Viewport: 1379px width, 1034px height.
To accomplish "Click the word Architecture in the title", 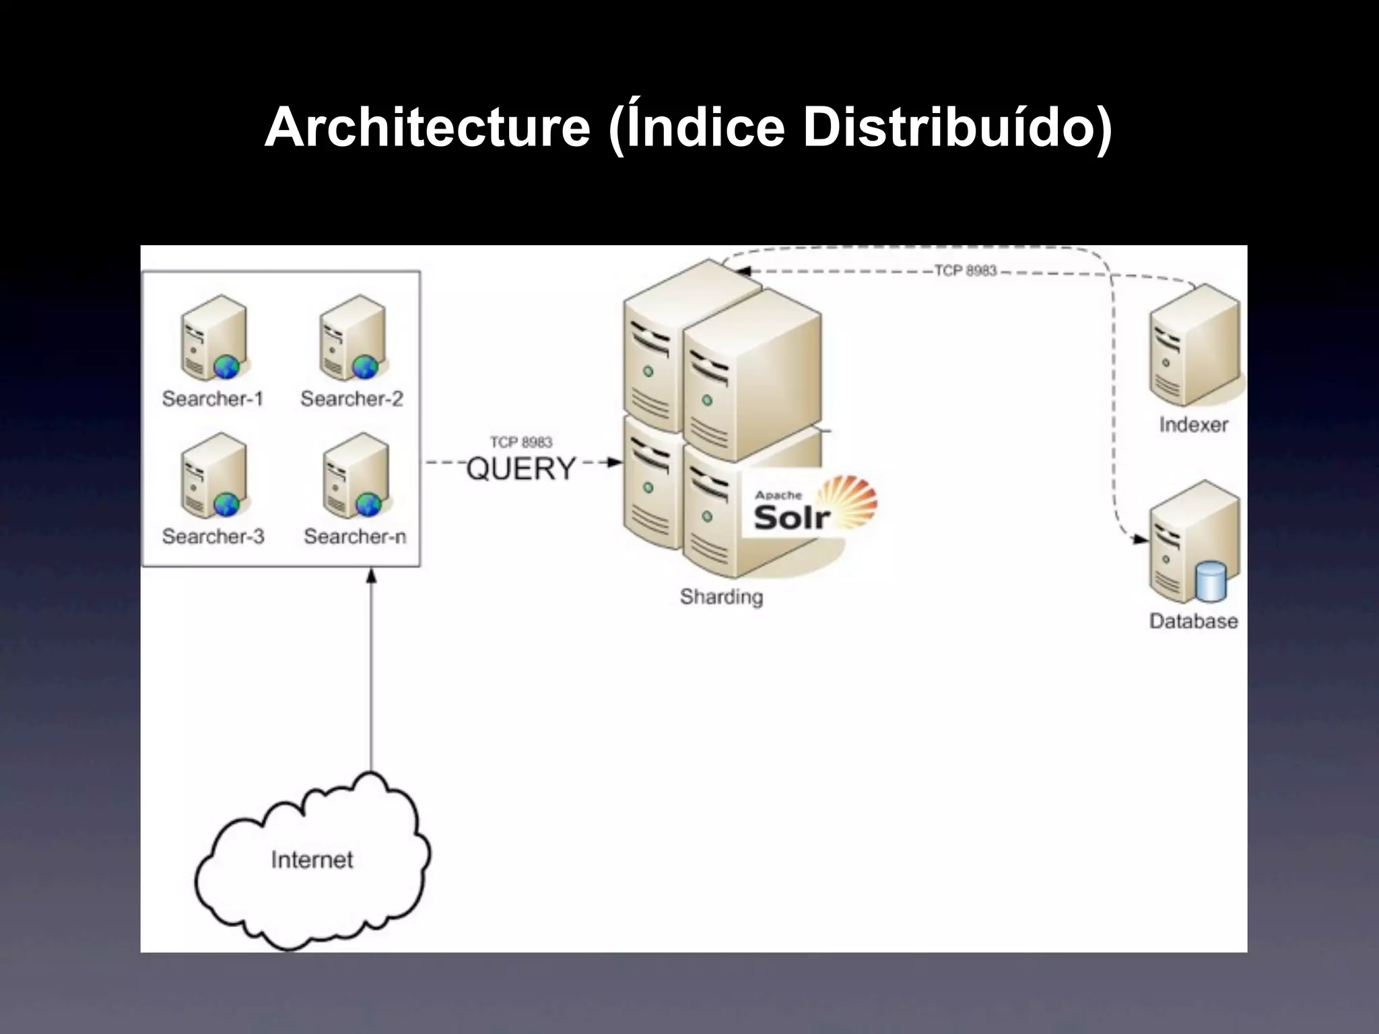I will (427, 127).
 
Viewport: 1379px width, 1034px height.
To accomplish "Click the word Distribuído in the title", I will (957, 127).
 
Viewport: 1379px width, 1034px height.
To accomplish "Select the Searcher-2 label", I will (351, 399).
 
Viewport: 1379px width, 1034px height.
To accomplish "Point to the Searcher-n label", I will (355, 537).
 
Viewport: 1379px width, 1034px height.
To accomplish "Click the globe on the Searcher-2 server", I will (366, 367).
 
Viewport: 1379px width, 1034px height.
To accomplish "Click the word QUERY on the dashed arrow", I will (521, 469).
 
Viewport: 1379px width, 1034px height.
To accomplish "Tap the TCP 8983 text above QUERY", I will (520, 442).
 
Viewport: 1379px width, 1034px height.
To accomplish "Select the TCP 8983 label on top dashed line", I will (965, 271).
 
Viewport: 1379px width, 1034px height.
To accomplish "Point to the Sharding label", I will (721, 596).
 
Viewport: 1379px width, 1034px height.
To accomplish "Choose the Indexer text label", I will (1193, 425).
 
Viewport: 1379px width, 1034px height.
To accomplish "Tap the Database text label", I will (1193, 621).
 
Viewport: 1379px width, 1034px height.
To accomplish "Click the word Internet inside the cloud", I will (312, 860).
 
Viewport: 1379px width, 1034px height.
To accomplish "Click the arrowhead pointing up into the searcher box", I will (371, 575).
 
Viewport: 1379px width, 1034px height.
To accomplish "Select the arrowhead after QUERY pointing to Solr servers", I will (614, 462).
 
